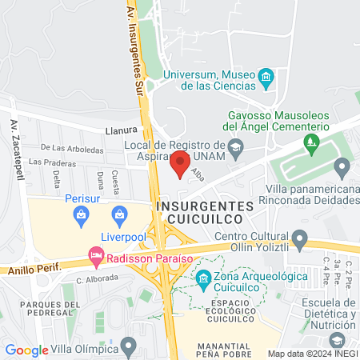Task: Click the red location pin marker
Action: tap(180, 163)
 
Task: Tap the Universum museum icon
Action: tap(266, 78)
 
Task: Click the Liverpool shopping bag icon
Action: tap(119, 214)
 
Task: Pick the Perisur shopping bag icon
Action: tap(81, 214)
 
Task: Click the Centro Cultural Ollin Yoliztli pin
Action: tap(300, 238)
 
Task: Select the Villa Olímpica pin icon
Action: tap(129, 348)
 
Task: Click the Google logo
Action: tap(26, 350)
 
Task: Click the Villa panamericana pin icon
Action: tap(342, 168)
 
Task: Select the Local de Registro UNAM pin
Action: tap(235, 146)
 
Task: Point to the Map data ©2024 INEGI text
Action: tap(312, 353)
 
